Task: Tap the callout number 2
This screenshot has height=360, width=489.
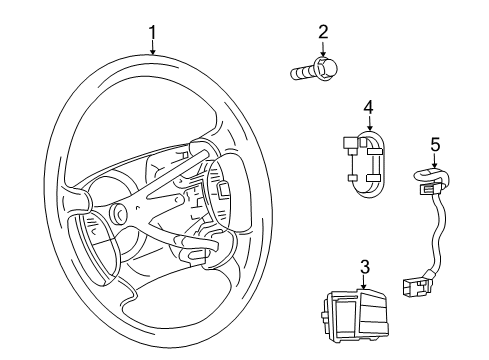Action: (322, 33)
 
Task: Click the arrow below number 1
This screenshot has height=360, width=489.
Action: (152, 50)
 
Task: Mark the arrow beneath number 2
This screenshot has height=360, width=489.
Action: (322, 51)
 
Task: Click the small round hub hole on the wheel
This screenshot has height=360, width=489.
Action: (120, 213)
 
